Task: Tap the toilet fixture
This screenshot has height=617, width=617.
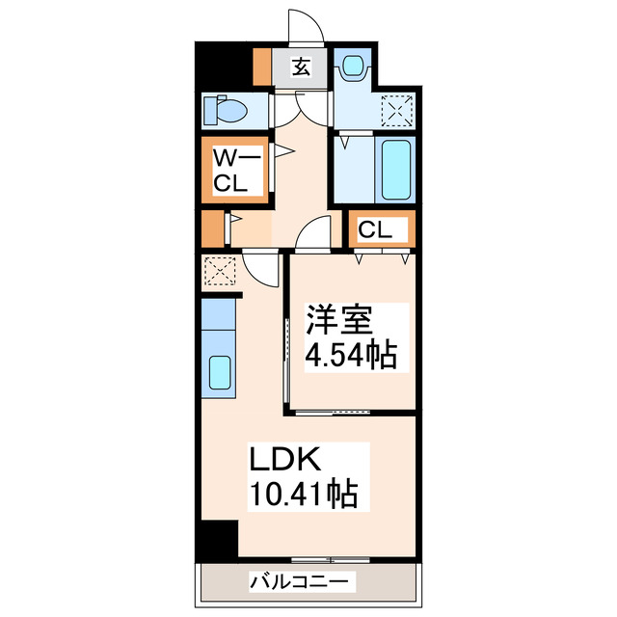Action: pos(228,111)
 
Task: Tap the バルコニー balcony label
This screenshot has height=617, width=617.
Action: pos(303,582)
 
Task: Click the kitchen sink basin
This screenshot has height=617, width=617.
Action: pos(220,371)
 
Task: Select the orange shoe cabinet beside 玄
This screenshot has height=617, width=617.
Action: pos(260,66)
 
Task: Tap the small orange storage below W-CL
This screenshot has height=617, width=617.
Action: pos(212,229)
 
